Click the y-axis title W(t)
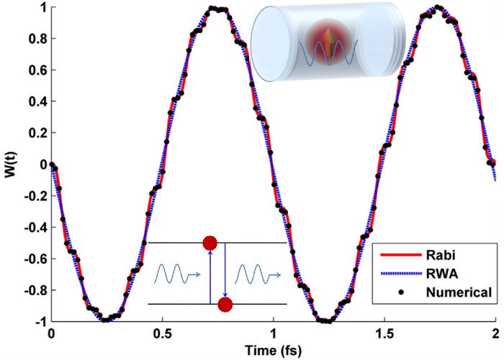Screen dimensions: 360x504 pos(9,164)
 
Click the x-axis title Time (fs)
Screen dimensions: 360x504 pos(272,350)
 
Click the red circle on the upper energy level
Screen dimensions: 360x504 pos(210,243)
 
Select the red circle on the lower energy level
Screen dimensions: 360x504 pos(225,305)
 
